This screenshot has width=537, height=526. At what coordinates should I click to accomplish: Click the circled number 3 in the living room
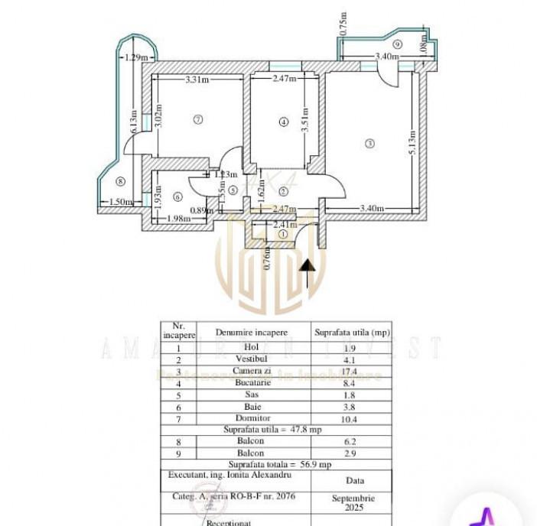coord(370,144)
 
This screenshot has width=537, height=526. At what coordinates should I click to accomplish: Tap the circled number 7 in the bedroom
coord(197,119)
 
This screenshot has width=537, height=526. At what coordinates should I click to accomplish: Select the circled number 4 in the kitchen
coord(283,122)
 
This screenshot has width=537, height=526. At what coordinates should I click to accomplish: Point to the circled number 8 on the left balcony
coord(120,181)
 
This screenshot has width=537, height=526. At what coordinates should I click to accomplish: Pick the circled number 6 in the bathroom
coord(178,196)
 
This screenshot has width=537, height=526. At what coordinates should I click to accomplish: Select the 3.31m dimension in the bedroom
coord(197,79)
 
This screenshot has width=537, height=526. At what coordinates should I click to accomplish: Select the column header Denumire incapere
coord(252,333)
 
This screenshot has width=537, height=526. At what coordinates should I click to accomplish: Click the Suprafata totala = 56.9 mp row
coord(278,463)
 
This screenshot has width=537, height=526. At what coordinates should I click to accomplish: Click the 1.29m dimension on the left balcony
coord(135,57)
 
